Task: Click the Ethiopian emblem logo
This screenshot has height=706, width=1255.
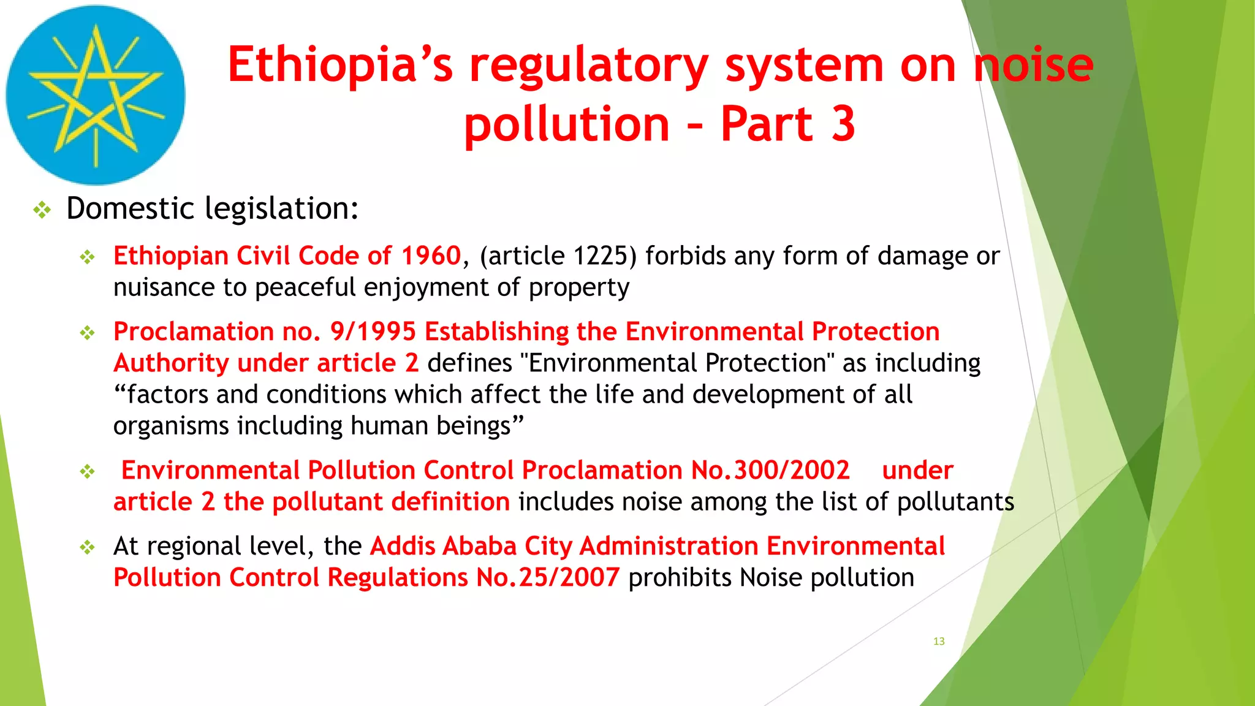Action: [x=96, y=95]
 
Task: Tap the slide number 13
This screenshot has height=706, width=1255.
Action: [x=939, y=641]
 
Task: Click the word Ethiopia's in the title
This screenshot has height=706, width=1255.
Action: [x=340, y=66]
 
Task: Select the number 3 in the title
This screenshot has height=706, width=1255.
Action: [x=843, y=124]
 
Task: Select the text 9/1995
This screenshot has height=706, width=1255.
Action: [x=373, y=332]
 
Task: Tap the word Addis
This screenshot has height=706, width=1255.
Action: [x=402, y=546]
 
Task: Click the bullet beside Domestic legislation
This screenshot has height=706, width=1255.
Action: [x=42, y=210]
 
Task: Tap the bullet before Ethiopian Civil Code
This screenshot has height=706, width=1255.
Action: [x=88, y=257]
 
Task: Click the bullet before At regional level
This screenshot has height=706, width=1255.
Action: [x=88, y=547]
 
